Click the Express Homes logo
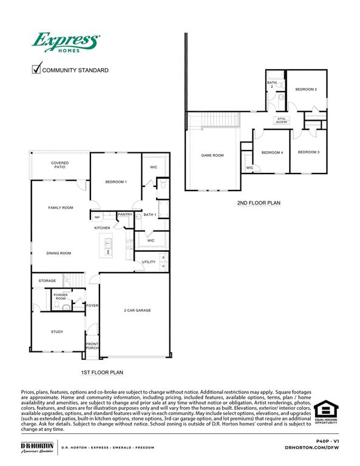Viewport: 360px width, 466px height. [65, 44]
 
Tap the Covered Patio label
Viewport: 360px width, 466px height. [59, 164]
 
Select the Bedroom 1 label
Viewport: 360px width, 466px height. [116, 182]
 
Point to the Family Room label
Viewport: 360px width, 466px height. [61, 208]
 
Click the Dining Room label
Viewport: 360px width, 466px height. [59, 253]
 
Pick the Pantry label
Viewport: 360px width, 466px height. [125, 214]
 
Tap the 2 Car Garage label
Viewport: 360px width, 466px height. [137, 310]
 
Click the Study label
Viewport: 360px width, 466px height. [57, 331]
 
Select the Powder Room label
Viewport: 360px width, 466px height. [61, 297]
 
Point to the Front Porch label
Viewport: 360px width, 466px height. [92, 346]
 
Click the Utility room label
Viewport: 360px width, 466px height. [149, 262]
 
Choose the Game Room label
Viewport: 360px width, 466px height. [212, 155]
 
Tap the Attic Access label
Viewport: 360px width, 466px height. [282, 120]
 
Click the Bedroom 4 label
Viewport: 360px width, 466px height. [273, 152]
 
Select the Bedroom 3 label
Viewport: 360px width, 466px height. [309, 152]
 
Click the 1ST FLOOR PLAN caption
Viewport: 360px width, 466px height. [102, 372]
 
